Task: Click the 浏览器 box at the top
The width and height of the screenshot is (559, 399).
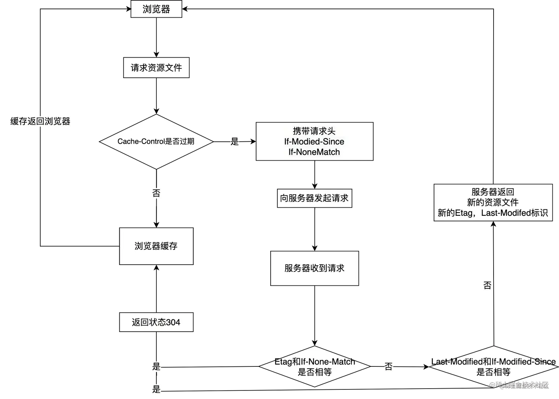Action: [x=156, y=9]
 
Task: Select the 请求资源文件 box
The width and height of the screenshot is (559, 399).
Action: [x=156, y=68]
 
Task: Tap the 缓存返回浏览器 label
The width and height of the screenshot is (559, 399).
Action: [x=40, y=121]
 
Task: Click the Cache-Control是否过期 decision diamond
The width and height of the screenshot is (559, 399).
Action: [x=156, y=141]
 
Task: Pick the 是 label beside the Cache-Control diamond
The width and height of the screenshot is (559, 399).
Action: [x=235, y=141]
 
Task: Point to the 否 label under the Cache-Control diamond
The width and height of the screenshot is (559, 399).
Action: [x=156, y=193]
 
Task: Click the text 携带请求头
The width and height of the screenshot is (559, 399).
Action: [x=314, y=131]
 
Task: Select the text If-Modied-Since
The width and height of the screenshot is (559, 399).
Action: [x=314, y=141]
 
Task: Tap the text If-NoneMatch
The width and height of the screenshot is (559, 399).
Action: [x=314, y=152]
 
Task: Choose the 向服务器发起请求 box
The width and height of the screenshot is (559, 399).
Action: [x=314, y=198]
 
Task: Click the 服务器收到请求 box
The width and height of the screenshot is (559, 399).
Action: [x=314, y=268]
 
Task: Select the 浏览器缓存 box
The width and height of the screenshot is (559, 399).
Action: [x=156, y=246]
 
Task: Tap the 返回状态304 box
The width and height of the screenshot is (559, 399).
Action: [x=156, y=322]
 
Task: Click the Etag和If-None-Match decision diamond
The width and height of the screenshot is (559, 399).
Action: [x=315, y=366]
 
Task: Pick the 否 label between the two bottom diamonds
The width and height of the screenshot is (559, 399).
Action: [x=389, y=366]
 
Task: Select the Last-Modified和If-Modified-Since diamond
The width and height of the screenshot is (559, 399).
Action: [x=493, y=366]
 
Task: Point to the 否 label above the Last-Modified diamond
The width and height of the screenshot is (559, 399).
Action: [x=487, y=285]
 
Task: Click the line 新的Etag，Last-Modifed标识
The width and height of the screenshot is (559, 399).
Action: [x=492, y=213]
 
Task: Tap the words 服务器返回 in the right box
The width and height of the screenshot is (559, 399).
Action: [x=492, y=192]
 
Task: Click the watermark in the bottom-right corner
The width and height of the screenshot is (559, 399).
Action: [x=519, y=385]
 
